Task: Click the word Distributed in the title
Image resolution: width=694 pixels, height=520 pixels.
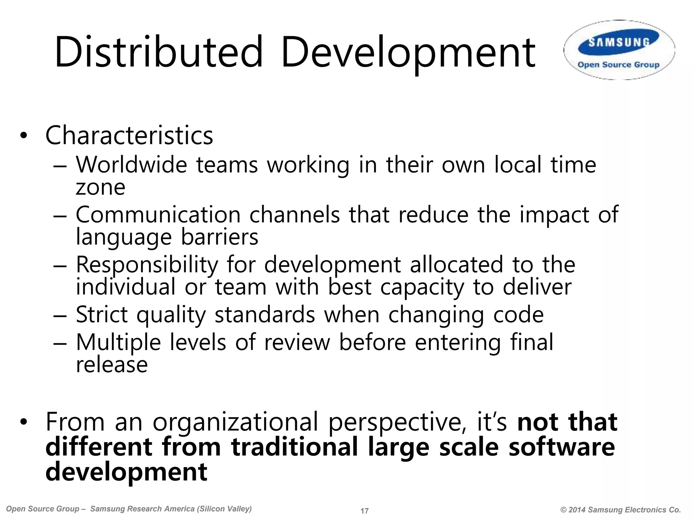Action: tap(159, 52)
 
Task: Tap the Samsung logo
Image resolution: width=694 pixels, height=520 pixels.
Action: tap(619, 43)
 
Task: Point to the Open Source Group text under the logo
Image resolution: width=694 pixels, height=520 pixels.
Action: tap(618, 65)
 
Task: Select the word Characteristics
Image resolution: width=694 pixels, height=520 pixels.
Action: tap(129, 135)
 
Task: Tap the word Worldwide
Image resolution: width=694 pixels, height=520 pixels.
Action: tap(131, 165)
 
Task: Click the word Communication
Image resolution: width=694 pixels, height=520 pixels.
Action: tap(158, 215)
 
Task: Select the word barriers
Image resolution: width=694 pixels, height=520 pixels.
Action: tap(220, 237)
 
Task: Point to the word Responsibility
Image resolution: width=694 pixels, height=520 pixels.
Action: tap(146, 265)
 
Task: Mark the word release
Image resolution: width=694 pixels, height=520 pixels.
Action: tap(112, 365)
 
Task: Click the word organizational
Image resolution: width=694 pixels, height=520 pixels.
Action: tap(235, 422)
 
